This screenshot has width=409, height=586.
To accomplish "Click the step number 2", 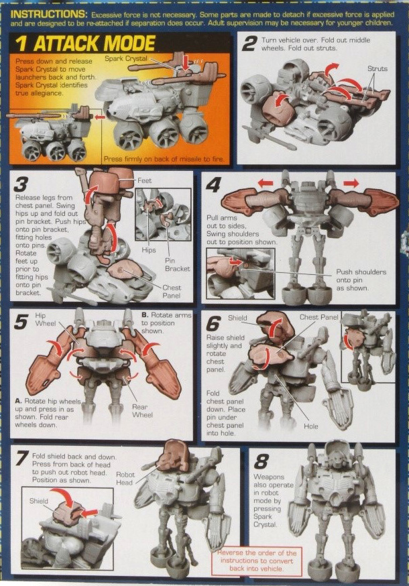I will pyautogui.click(x=249, y=45).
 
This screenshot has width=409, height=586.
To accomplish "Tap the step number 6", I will pyautogui.click(x=214, y=324).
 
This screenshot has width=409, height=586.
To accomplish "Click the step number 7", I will pyautogui.click(x=21, y=459).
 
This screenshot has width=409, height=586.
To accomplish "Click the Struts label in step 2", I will pyautogui.click(x=377, y=68).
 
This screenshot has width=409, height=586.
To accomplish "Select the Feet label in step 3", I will pyautogui.click(x=144, y=181).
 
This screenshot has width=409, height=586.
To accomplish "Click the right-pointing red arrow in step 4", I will pyautogui.click(x=350, y=182).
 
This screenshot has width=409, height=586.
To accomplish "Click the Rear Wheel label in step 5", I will pyautogui.click(x=141, y=410).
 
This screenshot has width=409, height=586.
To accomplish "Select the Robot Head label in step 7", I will pyautogui.click(x=125, y=477).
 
